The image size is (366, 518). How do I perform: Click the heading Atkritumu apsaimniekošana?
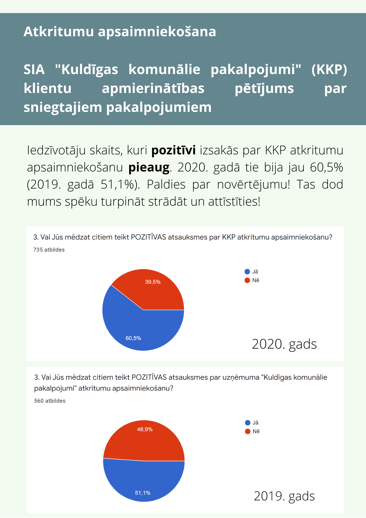point(120,32)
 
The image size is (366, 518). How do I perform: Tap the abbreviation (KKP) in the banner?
point(329,69)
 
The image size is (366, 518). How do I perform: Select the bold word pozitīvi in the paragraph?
point(173,150)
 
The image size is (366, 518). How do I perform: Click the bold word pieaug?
point(149,168)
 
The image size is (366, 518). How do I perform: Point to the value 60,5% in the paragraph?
point(326,167)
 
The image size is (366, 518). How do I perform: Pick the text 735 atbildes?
point(49,250)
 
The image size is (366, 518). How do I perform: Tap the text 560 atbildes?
point(50,401)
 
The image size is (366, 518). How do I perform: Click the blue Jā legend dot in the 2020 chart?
point(247,272)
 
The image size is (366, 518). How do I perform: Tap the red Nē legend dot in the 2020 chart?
point(247,280)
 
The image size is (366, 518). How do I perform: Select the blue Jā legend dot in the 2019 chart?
point(248,423)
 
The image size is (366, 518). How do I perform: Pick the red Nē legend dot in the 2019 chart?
point(248,431)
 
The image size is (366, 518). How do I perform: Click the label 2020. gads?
point(284,344)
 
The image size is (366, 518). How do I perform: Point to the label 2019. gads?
point(284,496)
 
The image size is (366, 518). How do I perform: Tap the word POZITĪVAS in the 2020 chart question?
point(148,237)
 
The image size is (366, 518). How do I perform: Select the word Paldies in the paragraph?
point(166,185)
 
